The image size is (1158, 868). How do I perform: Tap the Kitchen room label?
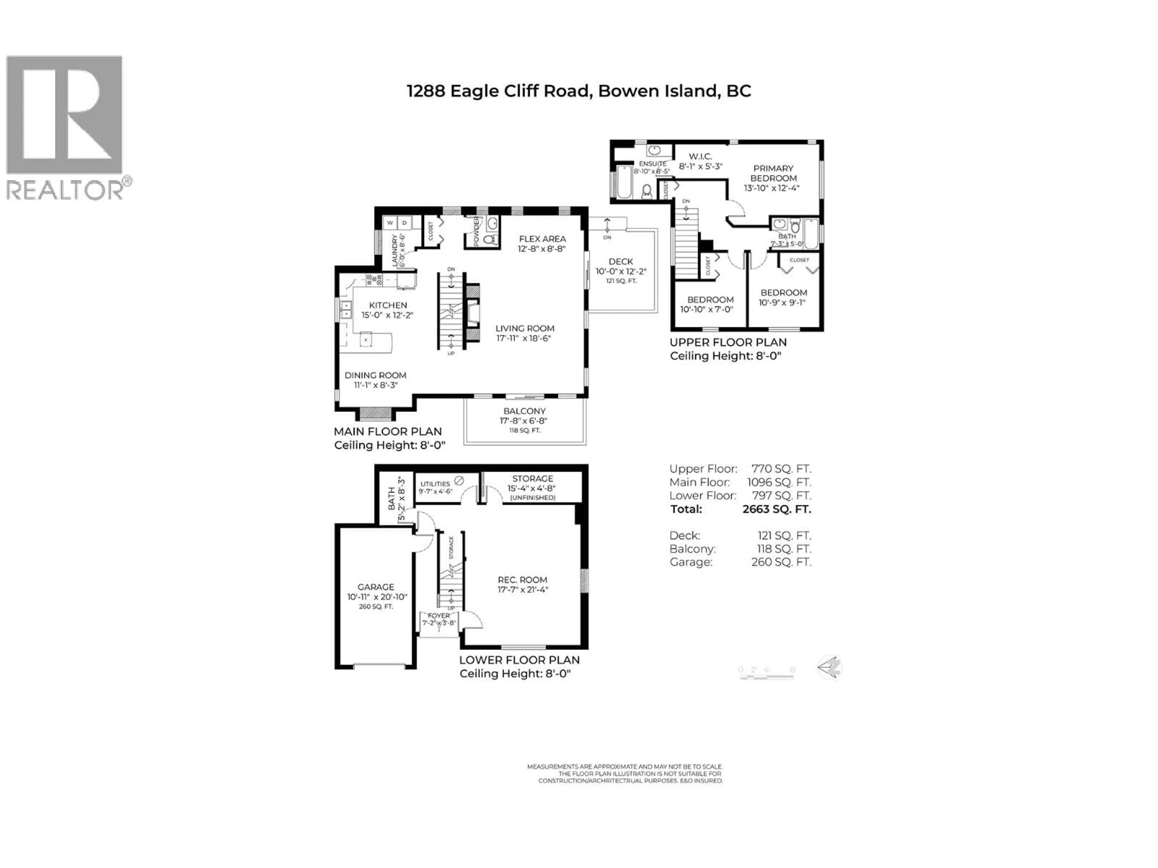[x=388, y=305]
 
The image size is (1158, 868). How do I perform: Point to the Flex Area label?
[x=542, y=239]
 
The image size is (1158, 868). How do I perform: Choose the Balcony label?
[x=524, y=411]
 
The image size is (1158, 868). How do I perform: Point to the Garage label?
[x=375, y=587]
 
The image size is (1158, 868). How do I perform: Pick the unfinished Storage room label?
[x=532, y=479]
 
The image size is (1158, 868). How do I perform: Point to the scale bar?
[x=767, y=675]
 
